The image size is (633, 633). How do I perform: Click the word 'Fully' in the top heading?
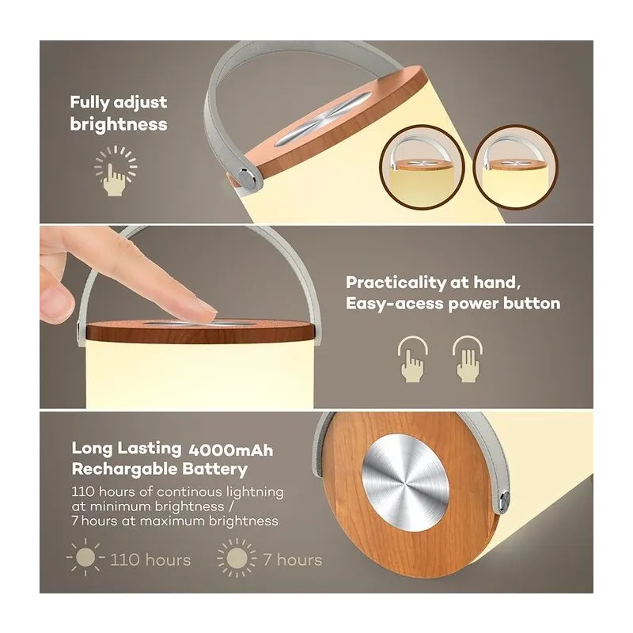(x=89, y=103)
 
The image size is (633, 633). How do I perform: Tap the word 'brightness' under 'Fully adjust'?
(x=119, y=124)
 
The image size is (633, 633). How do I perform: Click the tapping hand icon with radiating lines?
(x=116, y=171)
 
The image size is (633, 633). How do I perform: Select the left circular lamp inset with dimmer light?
(x=422, y=168)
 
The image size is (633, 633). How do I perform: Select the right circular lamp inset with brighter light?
(x=515, y=168)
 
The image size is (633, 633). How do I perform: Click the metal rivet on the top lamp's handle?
(x=245, y=177)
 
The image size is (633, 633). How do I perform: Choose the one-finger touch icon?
(x=412, y=359)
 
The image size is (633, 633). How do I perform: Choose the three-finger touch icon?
(x=468, y=359)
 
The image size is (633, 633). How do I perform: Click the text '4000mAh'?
(x=231, y=450)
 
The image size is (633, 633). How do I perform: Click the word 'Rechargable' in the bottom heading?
(x=124, y=469)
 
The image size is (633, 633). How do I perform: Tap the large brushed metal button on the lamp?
(x=405, y=478)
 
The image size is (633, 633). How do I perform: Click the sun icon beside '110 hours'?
(x=85, y=558)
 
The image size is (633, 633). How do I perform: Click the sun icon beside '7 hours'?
(x=237, y=558)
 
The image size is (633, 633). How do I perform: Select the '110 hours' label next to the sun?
(x=150, y=560)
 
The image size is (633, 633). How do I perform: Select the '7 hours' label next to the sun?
(x=293, y=560)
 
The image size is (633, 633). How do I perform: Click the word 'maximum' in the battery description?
(x=172, y=521)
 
